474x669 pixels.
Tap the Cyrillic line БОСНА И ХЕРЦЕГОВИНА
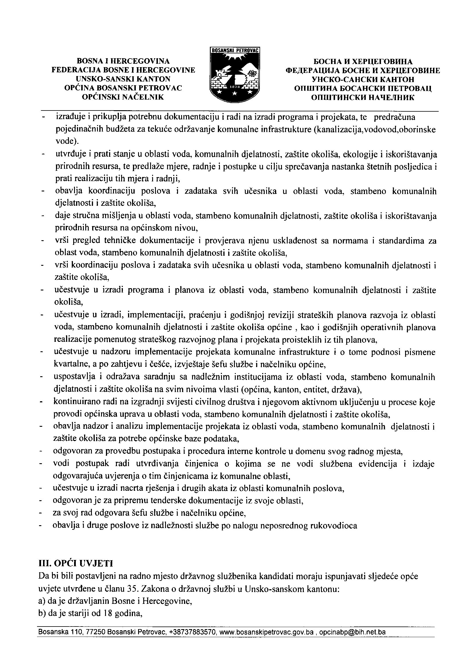[363, 61]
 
